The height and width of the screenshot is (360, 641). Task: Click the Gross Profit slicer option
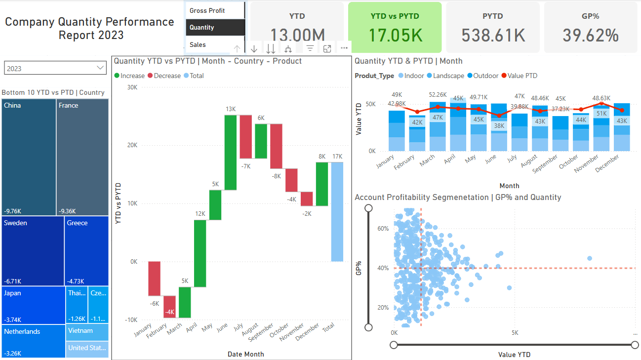click(x=207, y=10)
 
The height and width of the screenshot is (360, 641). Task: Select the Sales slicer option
click(x=198, y=44)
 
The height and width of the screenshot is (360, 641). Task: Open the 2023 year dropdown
click(x=55, y=68)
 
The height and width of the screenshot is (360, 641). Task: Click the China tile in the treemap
click(x=29, y=157)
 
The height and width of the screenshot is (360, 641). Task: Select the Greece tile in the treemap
click(x=86, y=251)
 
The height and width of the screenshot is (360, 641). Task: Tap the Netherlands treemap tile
click(x=34, y=341)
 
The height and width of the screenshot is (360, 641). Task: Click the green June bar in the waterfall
click(x=231, y=152)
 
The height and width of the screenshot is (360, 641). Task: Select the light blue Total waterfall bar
click(x=337, y=211)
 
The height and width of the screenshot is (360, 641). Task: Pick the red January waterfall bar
click(x=155, y=279)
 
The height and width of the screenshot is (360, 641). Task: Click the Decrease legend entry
click(x=167, y=76)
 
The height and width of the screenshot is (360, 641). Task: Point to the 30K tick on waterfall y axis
click(x=131, y=87)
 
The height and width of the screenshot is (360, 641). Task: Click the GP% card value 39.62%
click(x=591, y=36)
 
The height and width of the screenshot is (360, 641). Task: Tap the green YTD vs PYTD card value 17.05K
click(x=395, y=36)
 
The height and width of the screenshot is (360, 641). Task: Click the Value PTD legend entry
click(x=522, y=76)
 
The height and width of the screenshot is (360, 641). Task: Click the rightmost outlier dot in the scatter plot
click(x=590, y=258)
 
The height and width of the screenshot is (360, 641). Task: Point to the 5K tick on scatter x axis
click(x=515, y=332)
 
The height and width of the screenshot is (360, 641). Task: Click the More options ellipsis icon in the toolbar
click(x=344, y=48)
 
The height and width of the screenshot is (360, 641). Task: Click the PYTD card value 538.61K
click(x=493, y=36)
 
